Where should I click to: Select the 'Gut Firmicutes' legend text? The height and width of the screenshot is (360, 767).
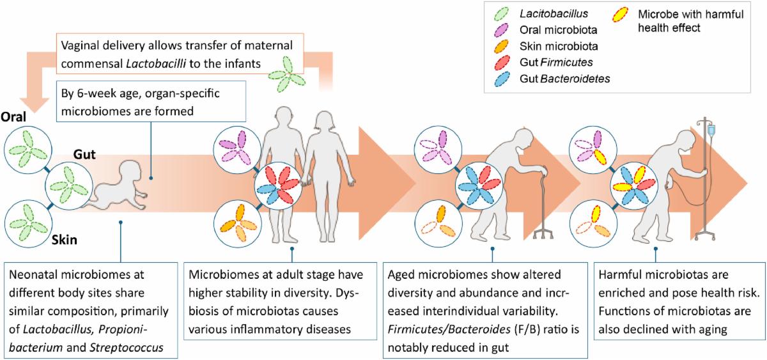click(x=548, y=63)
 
